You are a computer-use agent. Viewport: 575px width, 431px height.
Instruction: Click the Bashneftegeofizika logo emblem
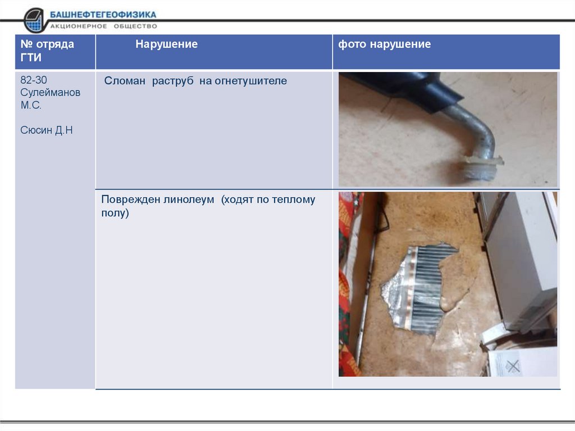point(35,21)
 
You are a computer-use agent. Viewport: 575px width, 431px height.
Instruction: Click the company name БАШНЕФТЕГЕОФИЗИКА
point(103,15)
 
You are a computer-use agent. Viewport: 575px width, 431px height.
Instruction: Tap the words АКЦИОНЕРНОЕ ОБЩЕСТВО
point(104,26)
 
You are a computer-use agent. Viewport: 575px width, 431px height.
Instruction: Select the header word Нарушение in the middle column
point(166,44)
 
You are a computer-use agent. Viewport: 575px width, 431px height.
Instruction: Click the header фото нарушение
point(384,44)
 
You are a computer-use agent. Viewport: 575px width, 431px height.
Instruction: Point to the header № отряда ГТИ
point(47,51)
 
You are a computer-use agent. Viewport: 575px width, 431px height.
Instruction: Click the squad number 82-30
point(34,80)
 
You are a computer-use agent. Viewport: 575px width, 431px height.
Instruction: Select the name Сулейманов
point(50,92)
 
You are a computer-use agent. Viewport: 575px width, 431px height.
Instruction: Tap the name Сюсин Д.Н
point(47,130)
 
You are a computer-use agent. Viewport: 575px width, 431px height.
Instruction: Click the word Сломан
point(125,81)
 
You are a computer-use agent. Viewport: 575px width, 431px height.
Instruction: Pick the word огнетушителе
point(243,81)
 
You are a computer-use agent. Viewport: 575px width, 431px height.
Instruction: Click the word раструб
point(173,81)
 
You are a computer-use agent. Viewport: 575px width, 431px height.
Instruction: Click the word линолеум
point(189,199)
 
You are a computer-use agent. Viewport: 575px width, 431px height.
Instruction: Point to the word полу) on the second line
point(115,213)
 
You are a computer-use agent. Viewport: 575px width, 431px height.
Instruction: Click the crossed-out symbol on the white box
point(513,366)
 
